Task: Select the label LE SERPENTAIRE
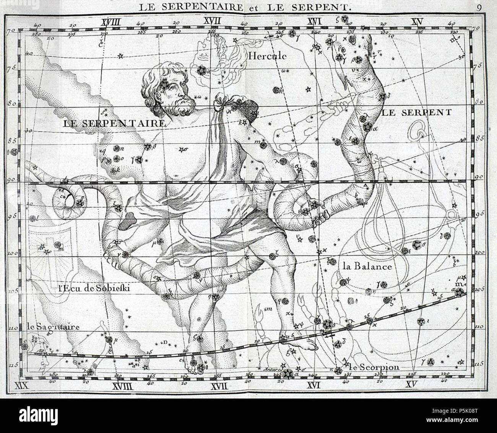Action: point(114,123)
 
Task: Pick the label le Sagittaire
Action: point(53,327)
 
